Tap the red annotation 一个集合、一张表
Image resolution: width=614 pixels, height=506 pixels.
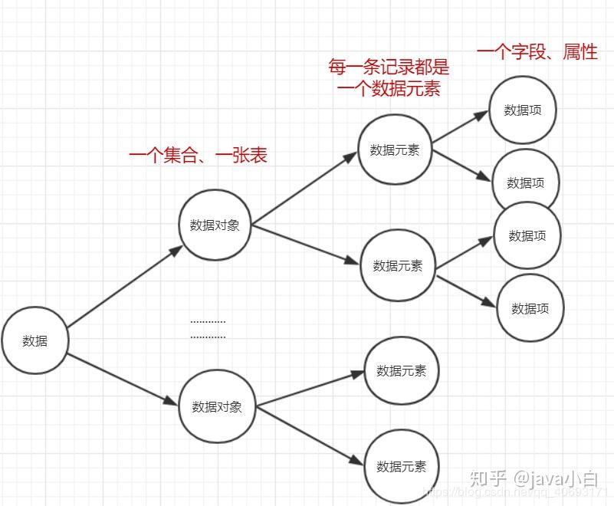[198, 156]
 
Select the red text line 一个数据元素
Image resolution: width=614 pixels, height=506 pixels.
[389, 89]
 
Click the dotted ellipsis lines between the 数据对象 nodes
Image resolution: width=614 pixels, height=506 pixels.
[208, 329]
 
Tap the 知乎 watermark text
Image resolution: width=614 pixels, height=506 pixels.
[488, 478]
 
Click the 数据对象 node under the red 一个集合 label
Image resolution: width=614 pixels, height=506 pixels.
[215, 225]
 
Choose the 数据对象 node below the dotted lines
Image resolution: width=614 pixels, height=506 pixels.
[217, 407]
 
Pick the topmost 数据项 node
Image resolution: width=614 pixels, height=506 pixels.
[523, 110]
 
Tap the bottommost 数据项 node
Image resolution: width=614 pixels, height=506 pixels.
[530, 309]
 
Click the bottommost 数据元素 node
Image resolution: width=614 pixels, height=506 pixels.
[401, 466]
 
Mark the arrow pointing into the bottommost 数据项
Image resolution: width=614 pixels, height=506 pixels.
[468, 290]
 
